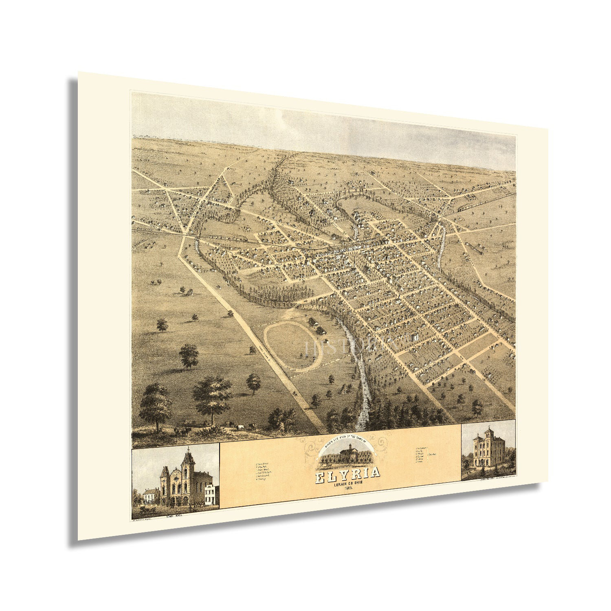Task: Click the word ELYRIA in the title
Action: pyautogui.click(x=347, y=473)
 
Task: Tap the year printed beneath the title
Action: pyautogui.click(x=349, y=488)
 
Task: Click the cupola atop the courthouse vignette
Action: pyautogui.click(x=349, y=446)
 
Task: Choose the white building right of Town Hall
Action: pyautogui.click(x=211, y=494)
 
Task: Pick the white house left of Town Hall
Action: pyautogui.click(x=151, y=496)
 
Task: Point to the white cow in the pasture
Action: pyautogui.click(x=240, y=426)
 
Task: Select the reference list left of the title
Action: pyautogui.click(x=262, y=471)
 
